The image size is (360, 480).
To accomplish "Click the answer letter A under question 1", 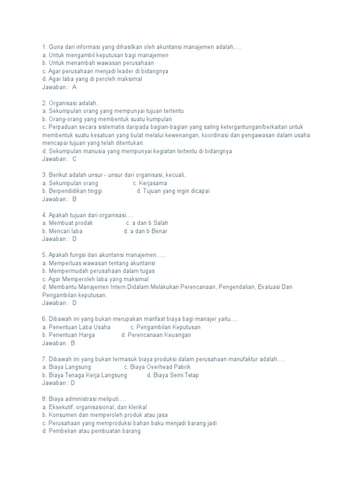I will click(75, 87).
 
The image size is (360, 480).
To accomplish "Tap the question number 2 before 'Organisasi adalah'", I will click(44, 103).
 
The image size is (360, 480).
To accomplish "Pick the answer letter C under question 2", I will click(75, 159).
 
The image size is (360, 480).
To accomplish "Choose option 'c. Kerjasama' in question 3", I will click(150, 183).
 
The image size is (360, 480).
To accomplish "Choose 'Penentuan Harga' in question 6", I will click(71, 335).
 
